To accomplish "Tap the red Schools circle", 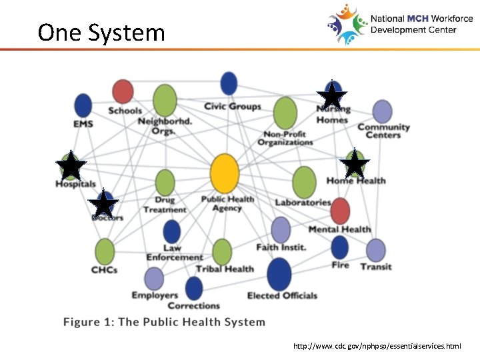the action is pyautogui.click(x=123, y=91).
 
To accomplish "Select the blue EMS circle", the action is pyautogui.click(x=83, y=105).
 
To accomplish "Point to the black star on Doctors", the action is pyautogui.click(x=105, y=205).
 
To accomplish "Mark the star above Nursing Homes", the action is pyautogui.click(x=332, y=95).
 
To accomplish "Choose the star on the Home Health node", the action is pyautogui.click(x=355, y=164).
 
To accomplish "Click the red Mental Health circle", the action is pyautogui.click(x=340, y=211).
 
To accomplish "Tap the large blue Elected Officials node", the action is pyautogui.click(x=279, y=274).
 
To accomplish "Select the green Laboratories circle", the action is pyautogui.click(x=304, y=182).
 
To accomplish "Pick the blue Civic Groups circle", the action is pyautogui.click(x=229, y=83).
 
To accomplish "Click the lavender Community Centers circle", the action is pyautogui.click(x=382, y=111).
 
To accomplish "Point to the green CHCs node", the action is pyautogui.click(x=105, y=251).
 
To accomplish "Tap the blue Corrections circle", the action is pyautogui.click(x=194, y=289).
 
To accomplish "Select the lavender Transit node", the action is pyautogui.click(x=376, y=250).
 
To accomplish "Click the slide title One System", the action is pyautogui.click(x=101, y=32).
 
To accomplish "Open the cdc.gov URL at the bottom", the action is pyautogui.click(x=377, y=347).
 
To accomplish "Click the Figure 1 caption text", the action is pyautogui.click(x=164, y=322).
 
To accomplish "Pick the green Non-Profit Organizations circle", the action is pyautogui.click(x=285, y=113).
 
